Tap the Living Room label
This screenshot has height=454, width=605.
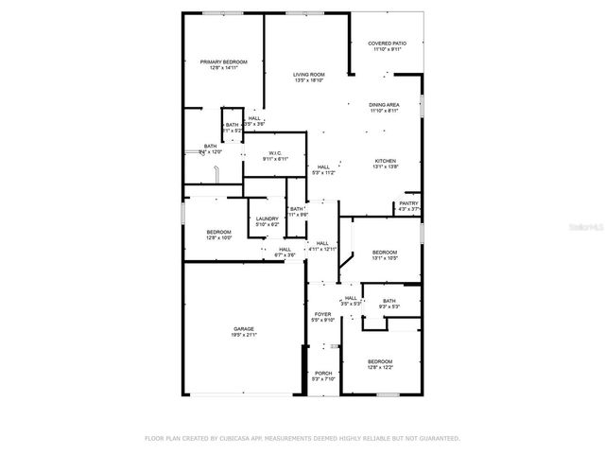pos(308,75)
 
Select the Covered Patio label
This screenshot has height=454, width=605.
pos(387,44)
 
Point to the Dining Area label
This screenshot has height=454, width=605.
pos(384,105)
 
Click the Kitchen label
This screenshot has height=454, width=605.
pos(385,161)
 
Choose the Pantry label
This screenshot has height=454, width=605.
pos(408,203)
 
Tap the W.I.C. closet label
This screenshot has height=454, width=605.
pos(275,153)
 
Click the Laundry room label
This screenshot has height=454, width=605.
pos(268,218)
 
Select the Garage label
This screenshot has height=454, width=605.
pos(243,329)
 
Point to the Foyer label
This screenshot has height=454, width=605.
pos(322,314)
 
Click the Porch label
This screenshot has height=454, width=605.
pos(322,373)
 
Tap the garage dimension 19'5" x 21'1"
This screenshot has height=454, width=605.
pos(243,336)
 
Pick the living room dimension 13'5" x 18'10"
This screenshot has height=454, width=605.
pos(308,81)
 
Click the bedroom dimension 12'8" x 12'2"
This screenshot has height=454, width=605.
pos(380,368)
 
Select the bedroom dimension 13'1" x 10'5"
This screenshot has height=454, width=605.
pos(385,258)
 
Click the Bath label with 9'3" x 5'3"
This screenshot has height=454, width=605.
pos(389,301)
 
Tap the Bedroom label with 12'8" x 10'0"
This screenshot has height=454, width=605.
pos(218,232)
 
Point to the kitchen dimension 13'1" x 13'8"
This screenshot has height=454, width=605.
pos(385,167)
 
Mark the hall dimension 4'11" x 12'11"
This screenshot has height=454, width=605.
pos(322,249)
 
